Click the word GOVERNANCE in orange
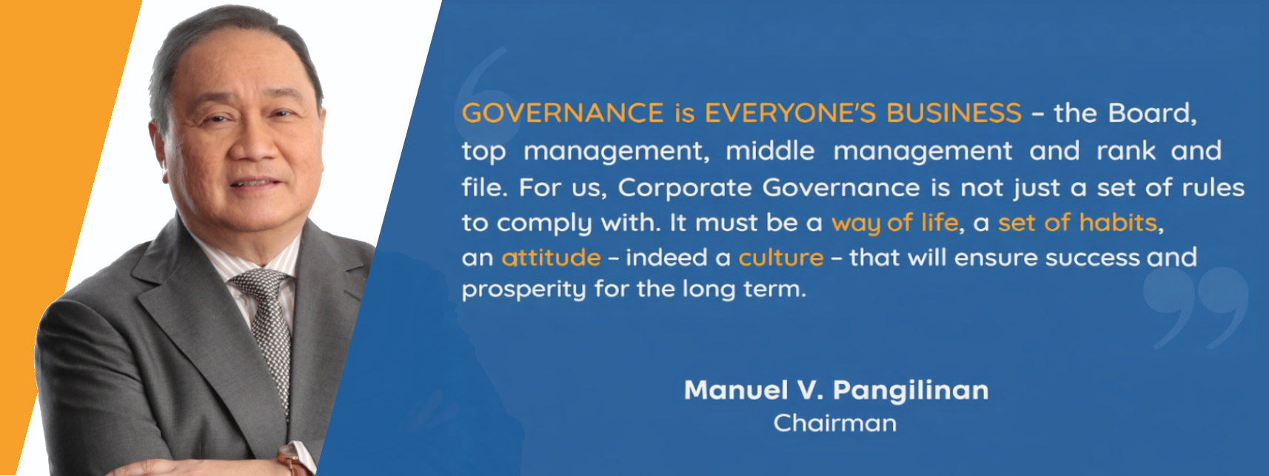point(563,113)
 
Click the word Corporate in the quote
point(685,187)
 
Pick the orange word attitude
point(551,258)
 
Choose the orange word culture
point(780,258)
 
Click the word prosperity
point(523,289)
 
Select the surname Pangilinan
point(911,390)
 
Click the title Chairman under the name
point(834,423)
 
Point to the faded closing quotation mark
point(1195,307)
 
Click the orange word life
point(939,223)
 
